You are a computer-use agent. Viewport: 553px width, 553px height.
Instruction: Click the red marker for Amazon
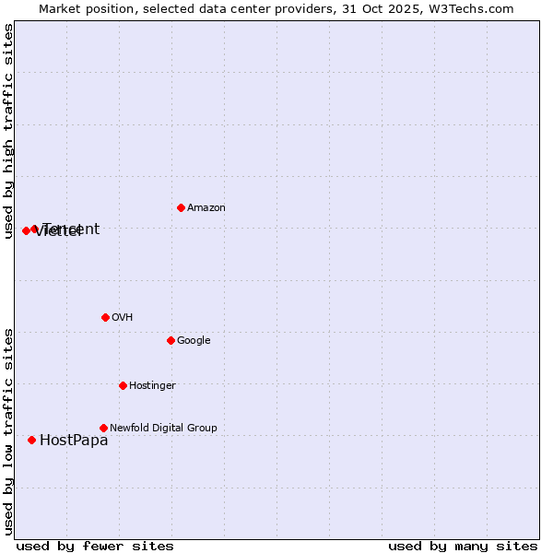[x=181, y=207]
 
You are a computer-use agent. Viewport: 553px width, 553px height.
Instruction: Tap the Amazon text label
[x=206, y=208]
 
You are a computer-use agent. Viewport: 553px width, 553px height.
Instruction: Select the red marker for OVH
[x=105, y=317]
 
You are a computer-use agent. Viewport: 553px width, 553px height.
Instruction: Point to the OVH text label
[x=123, y=317]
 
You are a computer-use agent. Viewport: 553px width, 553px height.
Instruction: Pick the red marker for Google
[x=171, y=340]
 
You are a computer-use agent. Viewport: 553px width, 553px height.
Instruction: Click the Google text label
[x=194, y=341]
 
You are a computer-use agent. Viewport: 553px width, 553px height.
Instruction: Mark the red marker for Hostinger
[x=123, y=385]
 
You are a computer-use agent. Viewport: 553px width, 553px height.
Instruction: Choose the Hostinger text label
[x=152, y=385]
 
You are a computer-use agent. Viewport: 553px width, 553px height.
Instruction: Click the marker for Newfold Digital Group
[x=103, y=428]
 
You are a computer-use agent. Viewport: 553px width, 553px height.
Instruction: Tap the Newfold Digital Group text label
[x=163, y=428]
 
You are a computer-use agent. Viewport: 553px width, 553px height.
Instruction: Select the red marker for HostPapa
[x=31, y=440]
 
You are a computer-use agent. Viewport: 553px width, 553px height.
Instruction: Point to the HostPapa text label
[x=74, y=441]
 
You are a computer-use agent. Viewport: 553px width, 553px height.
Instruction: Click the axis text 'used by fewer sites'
[x=95, y=546]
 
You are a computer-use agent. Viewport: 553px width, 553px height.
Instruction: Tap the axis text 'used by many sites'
[x=463, y=546]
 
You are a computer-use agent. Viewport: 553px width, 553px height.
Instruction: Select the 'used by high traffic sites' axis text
[x=8, y=131]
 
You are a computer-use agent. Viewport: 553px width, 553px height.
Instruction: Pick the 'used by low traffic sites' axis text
[x=8, y=431]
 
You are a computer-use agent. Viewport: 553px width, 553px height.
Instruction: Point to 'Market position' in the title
[x=81, y=9]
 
